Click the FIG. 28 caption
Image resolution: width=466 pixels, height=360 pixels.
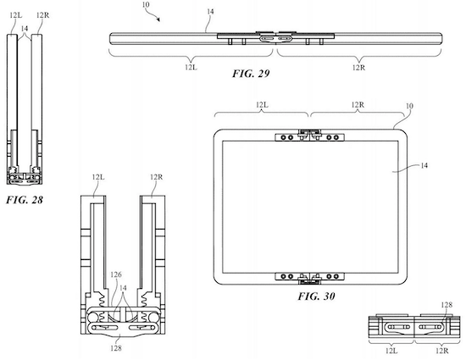tap(25, 200)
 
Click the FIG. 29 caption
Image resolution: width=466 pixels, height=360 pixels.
tap(251, 74)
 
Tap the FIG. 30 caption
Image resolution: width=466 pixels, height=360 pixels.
tap(317, 296)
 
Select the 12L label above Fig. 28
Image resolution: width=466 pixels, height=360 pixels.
tap(16, 15)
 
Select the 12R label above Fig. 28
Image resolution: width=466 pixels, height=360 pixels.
tap(43, 15)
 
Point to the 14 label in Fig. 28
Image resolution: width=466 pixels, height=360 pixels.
tap(25, 28)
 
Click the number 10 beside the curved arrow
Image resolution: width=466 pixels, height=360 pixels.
tap(146, 5)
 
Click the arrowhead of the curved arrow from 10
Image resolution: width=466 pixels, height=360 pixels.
tap(158, 19)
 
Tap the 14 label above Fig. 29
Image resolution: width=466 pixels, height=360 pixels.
tap(210, 12)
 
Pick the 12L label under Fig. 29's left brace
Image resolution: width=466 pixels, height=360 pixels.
tap(191, 68)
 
